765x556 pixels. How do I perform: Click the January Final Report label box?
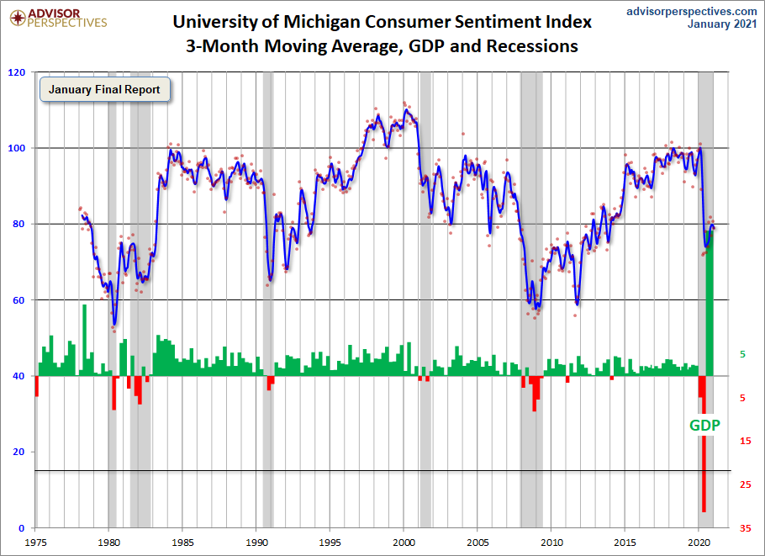(104, 89)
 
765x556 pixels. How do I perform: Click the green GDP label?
(704, 425)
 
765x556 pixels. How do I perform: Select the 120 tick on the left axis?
(15, 72)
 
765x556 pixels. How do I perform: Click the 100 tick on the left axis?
(15, 148)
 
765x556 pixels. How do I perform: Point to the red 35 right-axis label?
(745, 528)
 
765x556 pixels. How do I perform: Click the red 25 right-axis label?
(745, 485)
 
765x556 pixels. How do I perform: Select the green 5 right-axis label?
(742, 355)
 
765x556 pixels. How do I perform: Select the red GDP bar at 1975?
(36, 385)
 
